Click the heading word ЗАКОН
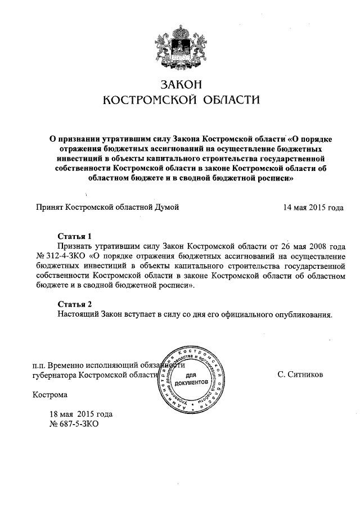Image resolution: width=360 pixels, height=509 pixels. [x=181, y=84]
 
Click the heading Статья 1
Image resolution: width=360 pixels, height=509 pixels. [x=74, y=236]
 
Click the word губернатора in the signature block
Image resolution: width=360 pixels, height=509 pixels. [x=56, y=374]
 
